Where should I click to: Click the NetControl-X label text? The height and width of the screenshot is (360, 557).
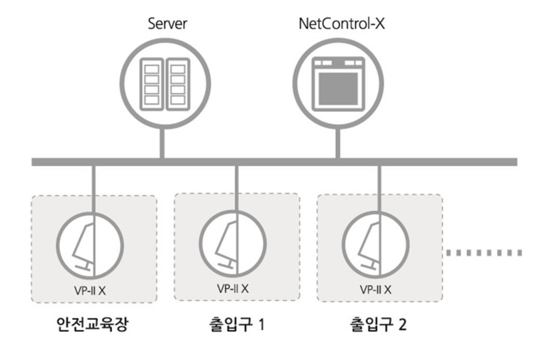[x=342, y=23]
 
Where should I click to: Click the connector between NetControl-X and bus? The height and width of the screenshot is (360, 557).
[x=337, y=143]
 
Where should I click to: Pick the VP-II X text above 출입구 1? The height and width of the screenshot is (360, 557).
[x=233, y=288]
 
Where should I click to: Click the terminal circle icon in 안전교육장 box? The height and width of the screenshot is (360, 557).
[x=90, y=244]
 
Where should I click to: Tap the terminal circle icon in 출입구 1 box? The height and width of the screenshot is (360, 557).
[x=233, y=243]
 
